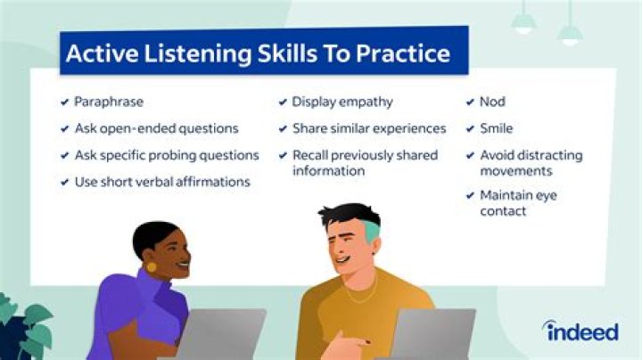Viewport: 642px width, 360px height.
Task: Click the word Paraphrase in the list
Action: (x=109, y=102)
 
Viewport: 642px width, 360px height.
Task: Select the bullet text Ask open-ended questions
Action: (x=156, y=128)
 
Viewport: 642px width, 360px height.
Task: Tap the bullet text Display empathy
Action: (x=342, y=102)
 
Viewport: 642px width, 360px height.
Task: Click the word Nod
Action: (x=492, y=102)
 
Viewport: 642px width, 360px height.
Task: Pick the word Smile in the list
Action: (x=496, y=128)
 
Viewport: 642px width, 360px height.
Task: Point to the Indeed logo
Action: (x=581, y=331)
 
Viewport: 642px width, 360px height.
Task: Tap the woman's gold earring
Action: (x=151, y=266)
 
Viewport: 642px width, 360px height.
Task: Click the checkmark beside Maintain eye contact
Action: (x=470, y=195)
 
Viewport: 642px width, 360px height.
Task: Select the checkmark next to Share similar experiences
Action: (x=283, y=129)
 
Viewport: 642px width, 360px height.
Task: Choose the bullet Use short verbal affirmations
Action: (x=162, y=182)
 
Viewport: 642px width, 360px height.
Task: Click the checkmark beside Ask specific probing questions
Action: (x=64, y=156)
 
